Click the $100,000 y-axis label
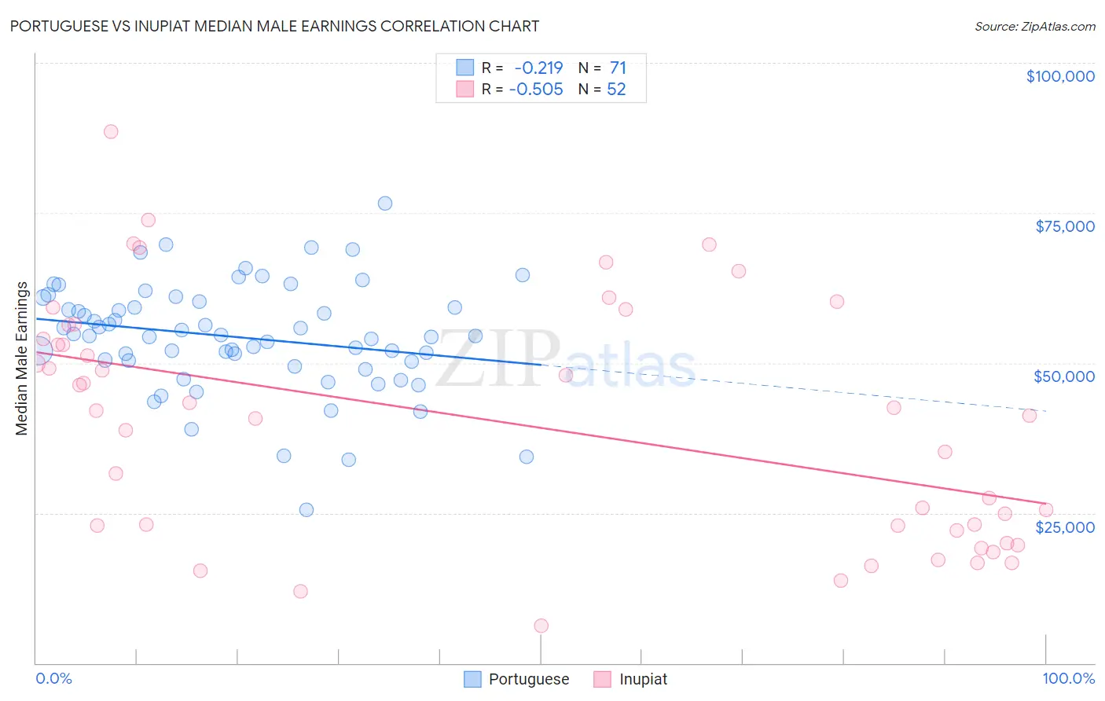pyautogui.click(x=1060, y=76)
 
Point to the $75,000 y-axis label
pyautogui.click(x=1065, y=226)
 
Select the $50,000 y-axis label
pyautogui.click(x=1064, y=376)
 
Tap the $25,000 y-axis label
pyautogui.click(x=1065, y=527)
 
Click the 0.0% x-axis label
pyautogui.click(x=53, y=679)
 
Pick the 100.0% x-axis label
pyautogui.click(x=1069, y=679)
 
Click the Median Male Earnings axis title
pyautogui.click(x=22, y=358)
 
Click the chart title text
pyautogui.click(x=274, y=26)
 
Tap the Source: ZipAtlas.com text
pyautogui.click(x=1035, y=26)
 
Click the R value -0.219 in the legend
pyautogui.click(x=538, y=68)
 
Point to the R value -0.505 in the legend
pyautogui.click(x=536, y=90)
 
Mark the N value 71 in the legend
pyautogui.click(x=618, y=68)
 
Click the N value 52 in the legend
pyautogui.click(x=616, y=90)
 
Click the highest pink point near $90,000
pyautogui.click(x=111, y=132)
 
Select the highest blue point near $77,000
pyautogui.click(x=385, y=204)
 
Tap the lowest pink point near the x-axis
pyautogui.click(x=541, y=626)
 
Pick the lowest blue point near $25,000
pyautogui.click(x=307, y=510)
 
